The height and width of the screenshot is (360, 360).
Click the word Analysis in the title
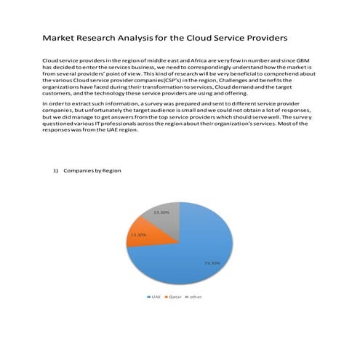pyautogui.click(x=149, y=36)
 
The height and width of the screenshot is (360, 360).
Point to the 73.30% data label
pyautogui.click(x=212, y=263)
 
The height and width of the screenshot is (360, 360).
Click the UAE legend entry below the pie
pyautogui.click(x=153, y=297)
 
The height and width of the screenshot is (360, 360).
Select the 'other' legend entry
pyautogui.click(x=194, y=297)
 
